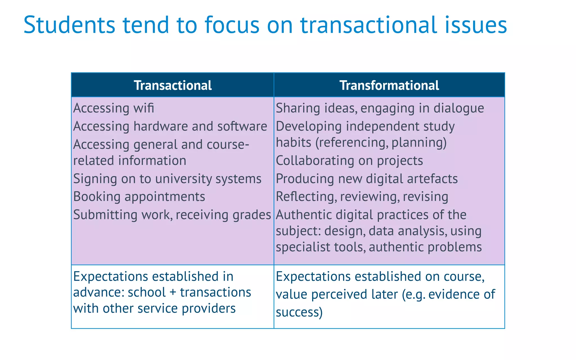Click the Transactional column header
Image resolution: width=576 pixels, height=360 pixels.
[x=173, y=85]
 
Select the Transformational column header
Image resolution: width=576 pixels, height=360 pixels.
[x=389, y=85]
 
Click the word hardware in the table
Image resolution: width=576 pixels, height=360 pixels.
[x=161, y=126]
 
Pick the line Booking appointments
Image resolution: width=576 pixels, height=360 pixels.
[x=139, y=196]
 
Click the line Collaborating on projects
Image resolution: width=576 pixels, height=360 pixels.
[x=349, y=161]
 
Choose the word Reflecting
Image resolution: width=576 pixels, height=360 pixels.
[x=306, y=197]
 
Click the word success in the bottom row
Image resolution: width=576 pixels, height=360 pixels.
[x=299, y=312]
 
